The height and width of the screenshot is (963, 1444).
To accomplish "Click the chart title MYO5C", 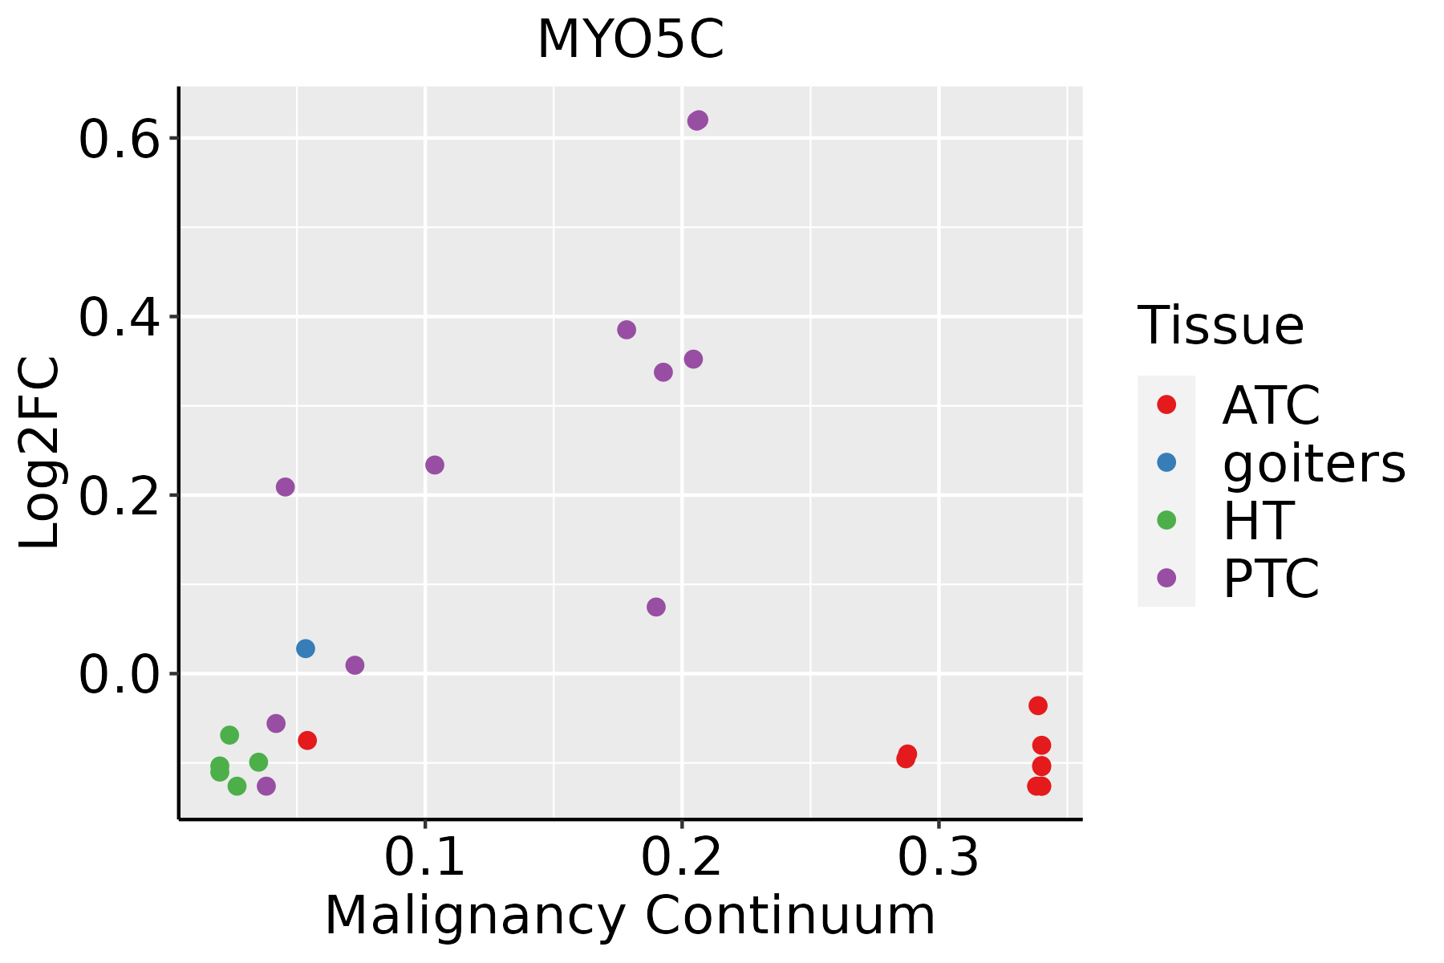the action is click(631, 40).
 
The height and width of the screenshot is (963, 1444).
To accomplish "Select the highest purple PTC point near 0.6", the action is click(698, 120).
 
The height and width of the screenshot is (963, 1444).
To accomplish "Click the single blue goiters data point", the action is click(306, 648).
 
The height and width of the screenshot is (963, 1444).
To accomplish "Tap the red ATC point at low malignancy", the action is click(307, 740).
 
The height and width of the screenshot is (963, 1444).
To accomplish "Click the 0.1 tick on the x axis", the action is click(425, 857).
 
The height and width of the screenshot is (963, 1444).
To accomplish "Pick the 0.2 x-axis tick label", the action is click(682, 857).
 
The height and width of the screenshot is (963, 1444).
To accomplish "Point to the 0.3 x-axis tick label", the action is click(939, 857).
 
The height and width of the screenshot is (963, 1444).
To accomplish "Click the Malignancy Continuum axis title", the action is click(630, 916).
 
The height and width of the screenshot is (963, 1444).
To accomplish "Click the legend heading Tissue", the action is click(1221, 325).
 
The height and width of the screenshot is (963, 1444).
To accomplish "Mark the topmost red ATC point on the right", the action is click(1038, 705).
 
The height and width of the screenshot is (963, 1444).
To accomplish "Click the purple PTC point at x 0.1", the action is click(435, 465).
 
